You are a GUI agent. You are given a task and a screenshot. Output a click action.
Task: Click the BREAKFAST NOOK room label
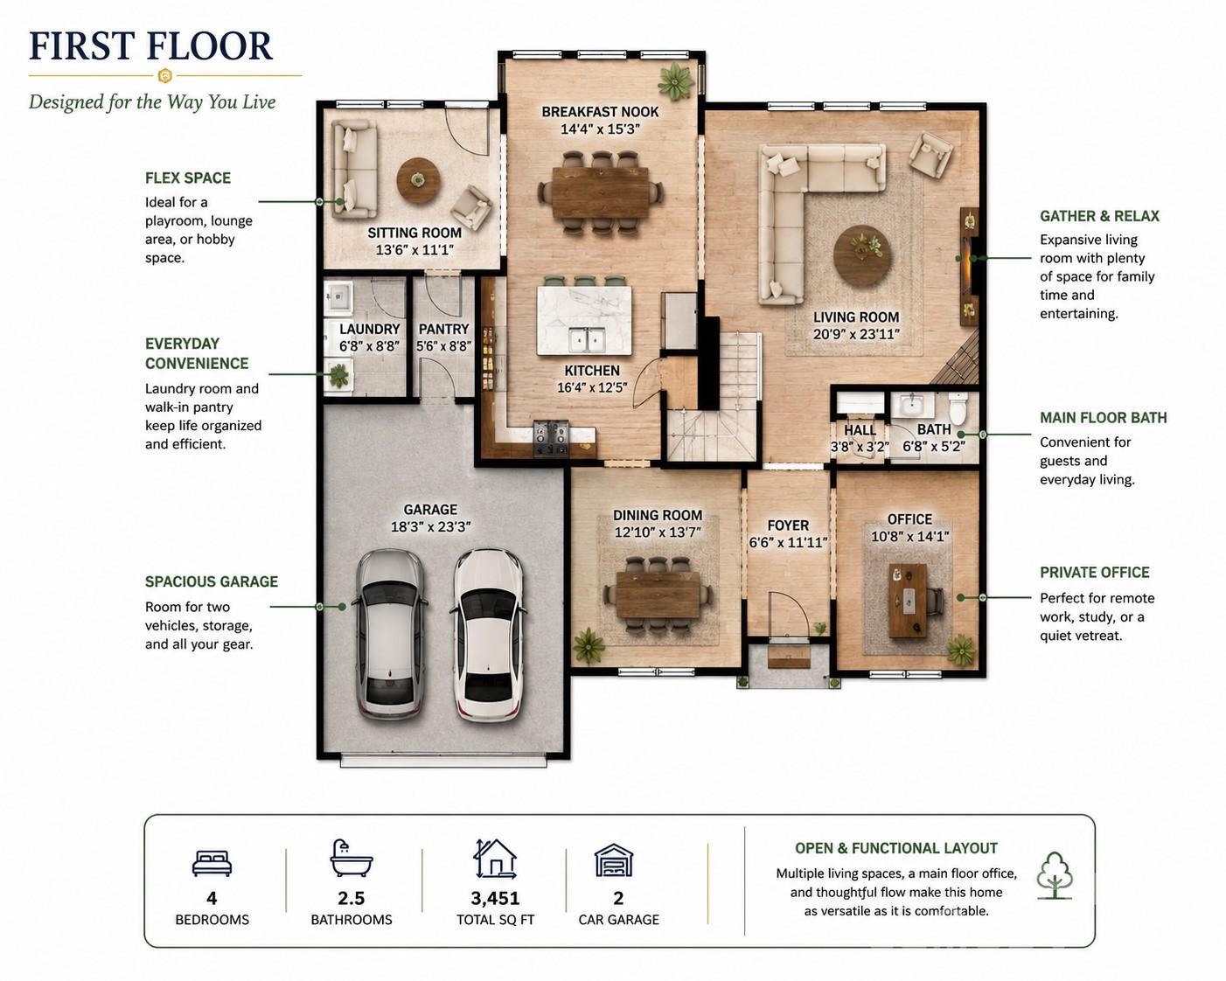(x=600, y=112)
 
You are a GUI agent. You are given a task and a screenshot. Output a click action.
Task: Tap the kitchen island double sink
(x=586, y=341)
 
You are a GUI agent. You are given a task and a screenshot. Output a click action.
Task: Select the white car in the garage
(x=488, y=635)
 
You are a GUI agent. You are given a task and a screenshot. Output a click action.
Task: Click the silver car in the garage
(x=391, y=634)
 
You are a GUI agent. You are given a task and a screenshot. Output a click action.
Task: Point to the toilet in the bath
(x=958, y=408)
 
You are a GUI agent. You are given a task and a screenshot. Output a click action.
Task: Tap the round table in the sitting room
(x=418, y=181)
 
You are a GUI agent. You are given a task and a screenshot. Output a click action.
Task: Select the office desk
(x=908, y=601)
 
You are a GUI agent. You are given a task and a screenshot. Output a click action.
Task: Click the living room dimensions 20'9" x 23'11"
(x=856, y=334)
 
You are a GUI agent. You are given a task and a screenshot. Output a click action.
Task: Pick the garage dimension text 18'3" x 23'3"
(x=431, y=527)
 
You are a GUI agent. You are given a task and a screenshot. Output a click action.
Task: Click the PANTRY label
(x=444, y=330)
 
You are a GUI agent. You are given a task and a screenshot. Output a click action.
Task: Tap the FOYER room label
(x=788, y=525)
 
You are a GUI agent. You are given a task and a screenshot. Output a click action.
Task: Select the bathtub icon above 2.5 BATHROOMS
(x=351, y=858)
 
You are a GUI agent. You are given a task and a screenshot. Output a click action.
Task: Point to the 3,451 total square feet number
(x=495, y=899)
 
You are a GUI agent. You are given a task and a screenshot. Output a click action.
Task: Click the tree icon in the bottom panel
(x=1055, y=875)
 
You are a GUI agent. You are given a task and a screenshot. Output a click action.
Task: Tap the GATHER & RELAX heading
(x=1099, y=217)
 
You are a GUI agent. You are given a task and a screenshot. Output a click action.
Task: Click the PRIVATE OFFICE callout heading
(x=1095, y=573)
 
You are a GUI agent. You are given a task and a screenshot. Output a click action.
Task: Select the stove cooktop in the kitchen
(x=551, y=438)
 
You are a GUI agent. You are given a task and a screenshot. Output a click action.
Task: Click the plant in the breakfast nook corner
(x=675, y=82)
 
